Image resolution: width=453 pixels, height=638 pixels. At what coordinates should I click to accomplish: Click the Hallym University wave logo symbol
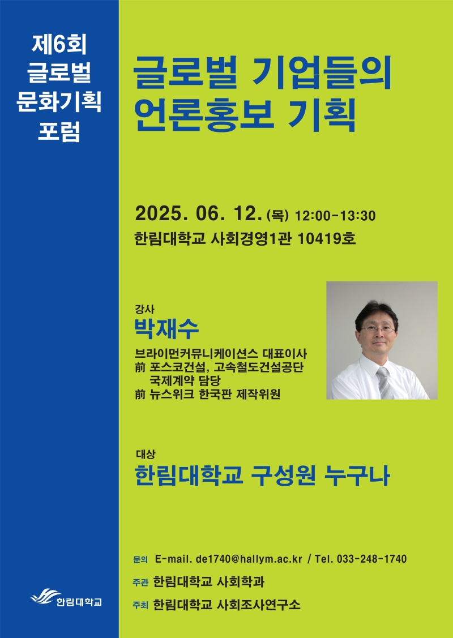coord(46,597)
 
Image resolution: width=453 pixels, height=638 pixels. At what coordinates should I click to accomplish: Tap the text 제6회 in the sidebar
coord(59,45)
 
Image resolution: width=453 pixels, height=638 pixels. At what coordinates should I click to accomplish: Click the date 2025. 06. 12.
coord(198,214)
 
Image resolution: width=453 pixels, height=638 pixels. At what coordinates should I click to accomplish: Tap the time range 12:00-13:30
coord(335,216)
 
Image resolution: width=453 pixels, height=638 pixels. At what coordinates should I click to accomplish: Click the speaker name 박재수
coord(166,329)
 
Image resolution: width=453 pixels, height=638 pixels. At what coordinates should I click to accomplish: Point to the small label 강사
coord(144,310)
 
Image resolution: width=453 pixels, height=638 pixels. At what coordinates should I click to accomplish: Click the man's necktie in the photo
coord(384,383)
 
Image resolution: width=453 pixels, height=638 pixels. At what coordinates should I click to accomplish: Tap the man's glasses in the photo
coord(377,329)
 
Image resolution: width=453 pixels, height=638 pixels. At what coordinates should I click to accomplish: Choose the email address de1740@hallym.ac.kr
coord(249,559)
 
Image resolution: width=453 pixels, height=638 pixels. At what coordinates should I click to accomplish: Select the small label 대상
coord(146,455)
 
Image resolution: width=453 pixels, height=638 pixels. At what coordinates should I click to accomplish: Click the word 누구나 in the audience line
coord(357,476)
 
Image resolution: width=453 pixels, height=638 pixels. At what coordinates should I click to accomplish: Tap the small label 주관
coord(140,583)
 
